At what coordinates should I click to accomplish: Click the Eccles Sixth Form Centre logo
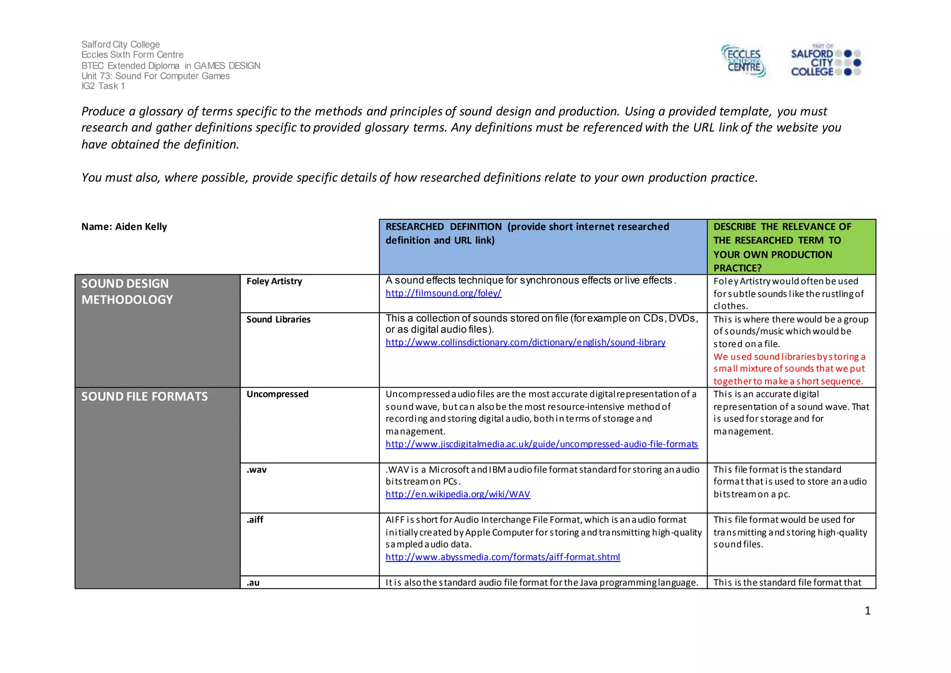(x=743, y=61)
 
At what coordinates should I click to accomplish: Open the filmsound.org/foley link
(x=443, y=293)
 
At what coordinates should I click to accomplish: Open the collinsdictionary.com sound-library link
(x=525, y=343)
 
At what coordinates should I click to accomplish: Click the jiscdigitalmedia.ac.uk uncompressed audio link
(x=541, y=444)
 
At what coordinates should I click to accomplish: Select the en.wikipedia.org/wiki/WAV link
(x=458, y=495)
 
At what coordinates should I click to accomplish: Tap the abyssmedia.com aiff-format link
(x=502, y=557)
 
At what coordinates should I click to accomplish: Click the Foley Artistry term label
(x=274, y=281)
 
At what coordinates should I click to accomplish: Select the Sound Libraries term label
(x=278, y=319)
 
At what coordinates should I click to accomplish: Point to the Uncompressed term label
(x=277, y=394)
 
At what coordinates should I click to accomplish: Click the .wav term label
(x=256, y=470)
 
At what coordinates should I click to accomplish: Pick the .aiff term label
(x=255, y=520)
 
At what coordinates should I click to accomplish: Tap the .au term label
(x=253, y=583)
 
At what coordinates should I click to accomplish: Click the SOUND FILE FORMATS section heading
(x=144, y=396)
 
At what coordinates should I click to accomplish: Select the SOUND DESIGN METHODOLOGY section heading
(x=127, y=291)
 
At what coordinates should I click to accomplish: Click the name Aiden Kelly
(x=141, y=227)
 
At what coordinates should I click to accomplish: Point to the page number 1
(x=867, y=611)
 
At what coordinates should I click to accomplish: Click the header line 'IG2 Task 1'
(x=103, y=86)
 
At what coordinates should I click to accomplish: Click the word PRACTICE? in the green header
(x=737, y=268)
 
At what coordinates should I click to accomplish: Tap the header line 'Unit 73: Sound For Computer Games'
(x=155, y=76)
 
